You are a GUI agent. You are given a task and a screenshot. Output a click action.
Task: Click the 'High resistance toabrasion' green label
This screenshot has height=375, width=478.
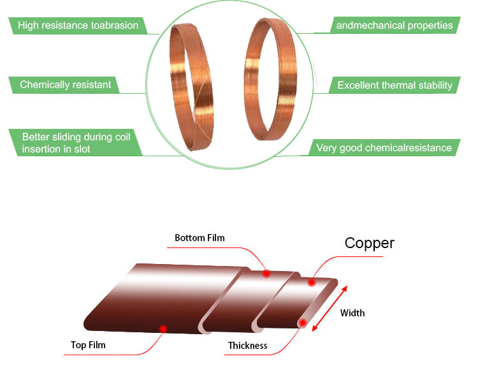click(78, 26)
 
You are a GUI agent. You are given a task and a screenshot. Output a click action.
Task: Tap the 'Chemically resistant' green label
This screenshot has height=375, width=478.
click(66, 85)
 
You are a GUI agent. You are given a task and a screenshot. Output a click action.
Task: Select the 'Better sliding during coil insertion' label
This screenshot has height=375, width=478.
click(74, 143)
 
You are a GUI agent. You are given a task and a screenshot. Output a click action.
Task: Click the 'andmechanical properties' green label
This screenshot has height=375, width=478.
click(395, 26)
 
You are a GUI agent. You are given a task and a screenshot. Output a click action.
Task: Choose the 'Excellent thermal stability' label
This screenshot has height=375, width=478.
click(395, 85)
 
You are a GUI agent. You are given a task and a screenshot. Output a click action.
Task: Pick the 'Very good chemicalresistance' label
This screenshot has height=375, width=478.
click(384, 148)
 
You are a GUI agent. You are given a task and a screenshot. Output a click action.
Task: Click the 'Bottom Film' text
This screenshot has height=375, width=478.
click(199, 238)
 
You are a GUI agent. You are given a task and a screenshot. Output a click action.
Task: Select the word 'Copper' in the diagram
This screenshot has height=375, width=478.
click(369, 243)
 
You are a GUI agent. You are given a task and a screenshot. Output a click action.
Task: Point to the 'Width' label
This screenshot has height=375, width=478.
click(352, 313)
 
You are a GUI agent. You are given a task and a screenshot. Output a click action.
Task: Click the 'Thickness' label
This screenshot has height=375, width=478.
click(248, 346)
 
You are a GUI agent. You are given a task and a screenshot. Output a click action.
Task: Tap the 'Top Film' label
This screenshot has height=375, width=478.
click(88, 346)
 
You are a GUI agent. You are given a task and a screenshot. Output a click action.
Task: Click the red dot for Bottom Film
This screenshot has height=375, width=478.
click(266, 274)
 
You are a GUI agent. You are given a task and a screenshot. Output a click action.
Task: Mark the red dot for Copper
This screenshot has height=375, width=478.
click(312, 282)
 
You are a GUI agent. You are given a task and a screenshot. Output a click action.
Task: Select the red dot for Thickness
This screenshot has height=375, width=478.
click(303, 323)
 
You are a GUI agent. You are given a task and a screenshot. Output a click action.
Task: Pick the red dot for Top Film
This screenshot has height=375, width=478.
click(163, 328)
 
